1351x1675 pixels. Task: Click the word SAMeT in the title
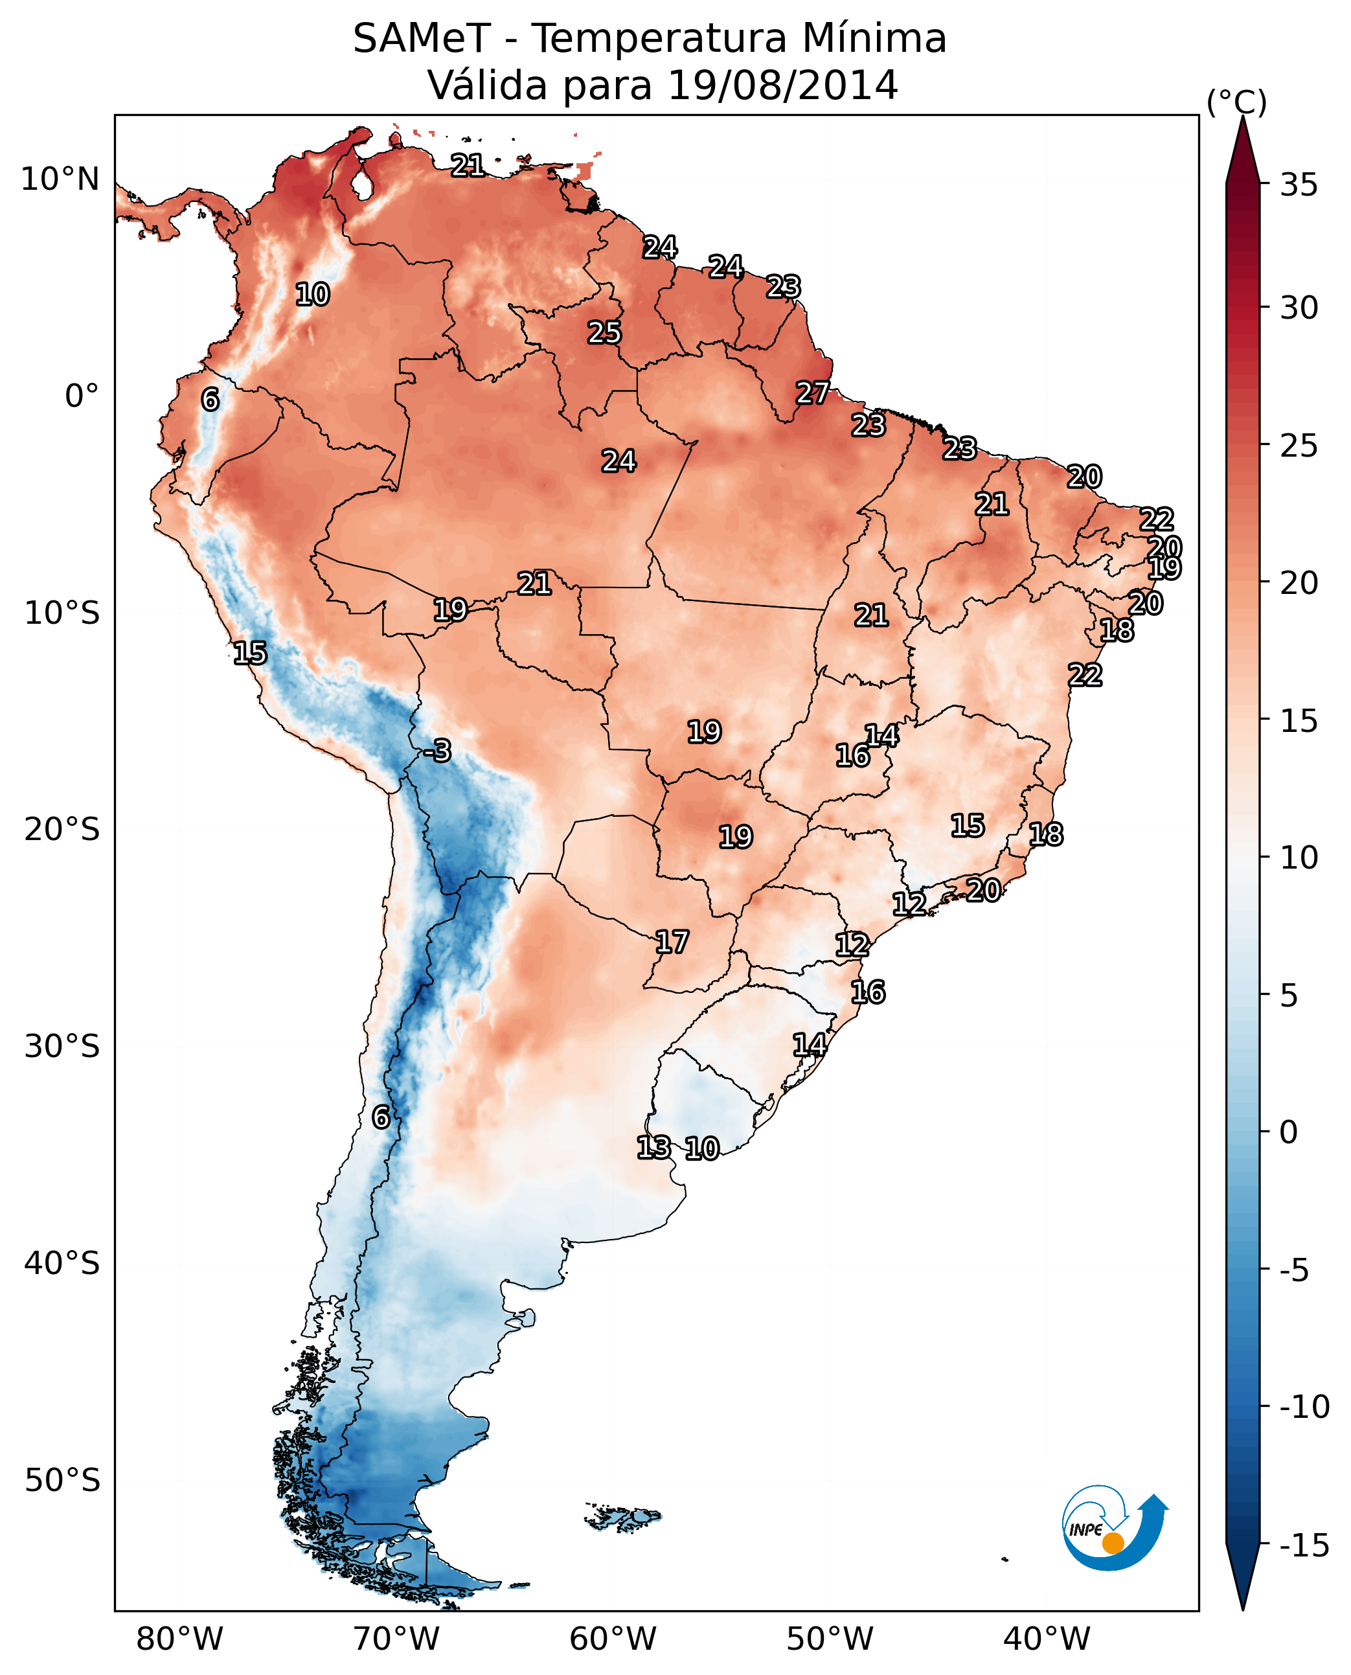422,38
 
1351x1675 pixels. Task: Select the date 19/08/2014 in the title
783,85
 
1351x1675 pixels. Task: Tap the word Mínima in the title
874,38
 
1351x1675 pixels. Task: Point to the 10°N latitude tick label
60,180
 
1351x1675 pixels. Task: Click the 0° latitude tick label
82,396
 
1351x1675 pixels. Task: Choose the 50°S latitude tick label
62,1479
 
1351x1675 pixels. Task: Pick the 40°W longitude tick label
1047,1639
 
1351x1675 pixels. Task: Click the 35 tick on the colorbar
1299,185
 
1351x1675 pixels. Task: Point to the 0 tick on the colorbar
1289,1132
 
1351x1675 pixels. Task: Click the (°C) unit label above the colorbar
1236,102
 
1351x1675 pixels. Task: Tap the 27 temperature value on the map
812,393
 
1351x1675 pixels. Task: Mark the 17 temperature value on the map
672,942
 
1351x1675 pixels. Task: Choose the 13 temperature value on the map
653,1146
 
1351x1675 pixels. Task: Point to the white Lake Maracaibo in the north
362,185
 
